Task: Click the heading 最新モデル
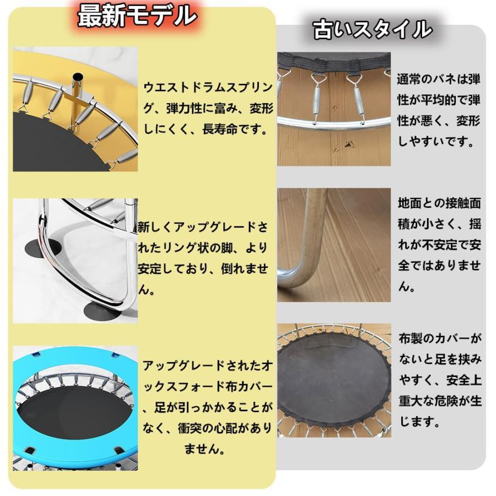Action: click(x=137, y=15)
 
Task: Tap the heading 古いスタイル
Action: click(x=373, y=29)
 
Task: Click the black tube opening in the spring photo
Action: click(x=78, y=76)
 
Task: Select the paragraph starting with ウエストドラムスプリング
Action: click(x=208, y=108)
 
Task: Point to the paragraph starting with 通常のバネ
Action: click(x=439, y=110)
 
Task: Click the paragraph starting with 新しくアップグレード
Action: click(x=203, y=258)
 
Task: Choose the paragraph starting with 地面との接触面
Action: click(x=439, y=245)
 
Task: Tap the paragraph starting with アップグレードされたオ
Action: click(x=207, y=407)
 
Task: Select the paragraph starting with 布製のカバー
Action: click(x=440, y=380)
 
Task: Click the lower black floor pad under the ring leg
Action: click(x=103, y=311)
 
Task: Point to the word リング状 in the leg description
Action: click(x=179, y=247)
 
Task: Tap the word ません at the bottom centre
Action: click(x=201, y=449)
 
